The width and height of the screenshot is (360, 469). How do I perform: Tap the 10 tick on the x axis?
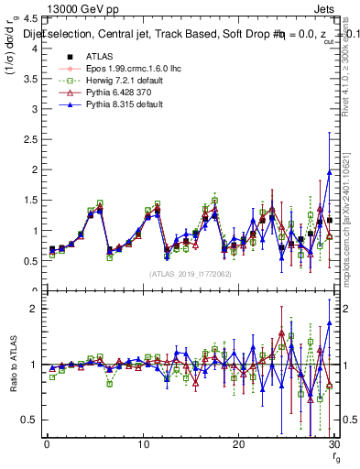click(142, 444)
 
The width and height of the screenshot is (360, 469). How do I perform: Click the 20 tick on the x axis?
click(237, 444)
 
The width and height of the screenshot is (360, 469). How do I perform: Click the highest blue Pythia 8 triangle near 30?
click(329, 172)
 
